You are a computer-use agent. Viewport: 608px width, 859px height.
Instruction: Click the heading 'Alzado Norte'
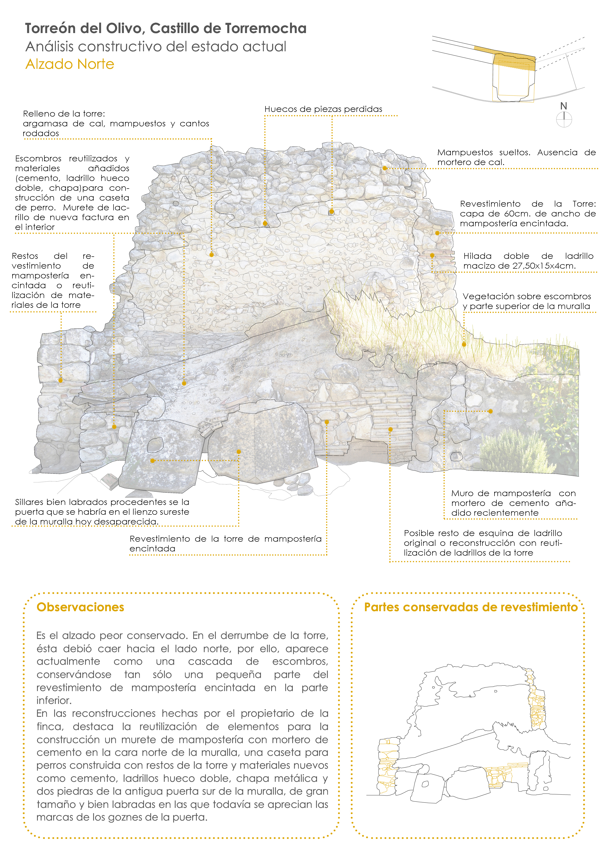tap(70, 64)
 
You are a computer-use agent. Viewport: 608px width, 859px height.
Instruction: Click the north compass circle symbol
tap(564, 120)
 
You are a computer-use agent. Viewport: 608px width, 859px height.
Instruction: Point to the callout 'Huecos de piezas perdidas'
tap(323, 109)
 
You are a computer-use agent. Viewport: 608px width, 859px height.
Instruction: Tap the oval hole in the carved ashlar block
tap(155, 445)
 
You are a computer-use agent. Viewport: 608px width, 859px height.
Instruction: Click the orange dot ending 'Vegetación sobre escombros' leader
tap(464, 344)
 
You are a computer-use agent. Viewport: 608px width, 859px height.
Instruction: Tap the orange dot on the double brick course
tap(432, 256)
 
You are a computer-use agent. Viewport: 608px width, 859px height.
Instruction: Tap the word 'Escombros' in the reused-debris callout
tap(38, 159)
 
